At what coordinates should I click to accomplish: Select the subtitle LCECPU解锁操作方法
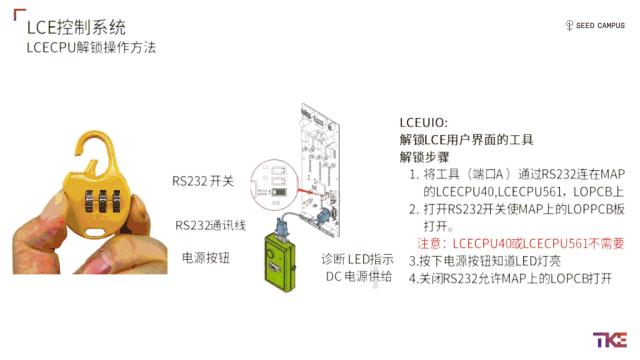pyautogui.click(x=91, y=47)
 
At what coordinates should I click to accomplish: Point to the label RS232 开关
pyautogui.click(x=203, y=181)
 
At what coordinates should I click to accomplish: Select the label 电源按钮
pyautogui.click(x=205, y=258)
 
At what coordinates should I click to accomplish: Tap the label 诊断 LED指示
pyautogui.click(x=356, y=258)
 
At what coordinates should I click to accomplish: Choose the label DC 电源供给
pyautogui.click(x=359, y=275)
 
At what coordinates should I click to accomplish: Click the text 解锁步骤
pyautogui.click(x=426, y=157)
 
